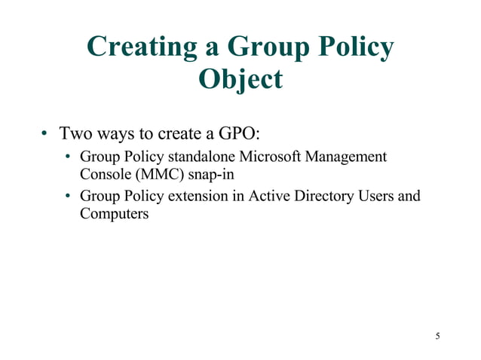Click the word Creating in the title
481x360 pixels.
pyautogui.click(x=142, y=47)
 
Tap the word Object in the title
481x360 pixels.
pyautogui.click(x=240, y=78)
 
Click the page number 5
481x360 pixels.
pyautogui.click(x=437, y=335)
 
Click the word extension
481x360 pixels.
pyautogui.click(x=195, y=197)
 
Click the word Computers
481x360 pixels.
pyautogui.click(x=114, y=214)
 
